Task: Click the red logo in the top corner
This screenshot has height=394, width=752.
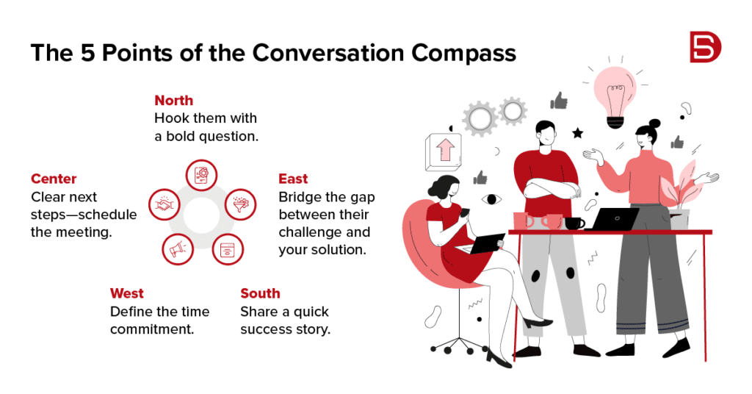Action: pos(705,47)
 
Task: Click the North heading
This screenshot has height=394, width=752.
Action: pos(173,100)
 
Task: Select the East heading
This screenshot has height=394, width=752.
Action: pos(293,179)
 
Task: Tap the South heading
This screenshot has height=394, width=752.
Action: pos(260,293)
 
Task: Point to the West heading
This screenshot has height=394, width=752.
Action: pos(126,293)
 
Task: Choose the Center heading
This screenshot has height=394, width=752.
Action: pos(54,179)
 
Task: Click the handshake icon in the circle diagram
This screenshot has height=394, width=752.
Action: pos(164,204)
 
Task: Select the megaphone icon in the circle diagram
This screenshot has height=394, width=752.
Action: pos(178,249)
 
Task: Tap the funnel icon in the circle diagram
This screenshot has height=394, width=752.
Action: pos(240,204)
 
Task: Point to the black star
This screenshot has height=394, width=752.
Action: pos(577,133)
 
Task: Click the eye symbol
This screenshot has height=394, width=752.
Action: pos(491,199)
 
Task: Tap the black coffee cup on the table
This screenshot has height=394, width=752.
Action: pos(574,223)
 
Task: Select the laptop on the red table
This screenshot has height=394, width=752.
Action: pos(612,219)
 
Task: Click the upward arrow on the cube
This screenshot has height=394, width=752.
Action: pos(444,150)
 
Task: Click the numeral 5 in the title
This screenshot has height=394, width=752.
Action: pos(88,52)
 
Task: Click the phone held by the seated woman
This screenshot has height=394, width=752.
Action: pos(465,212)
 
